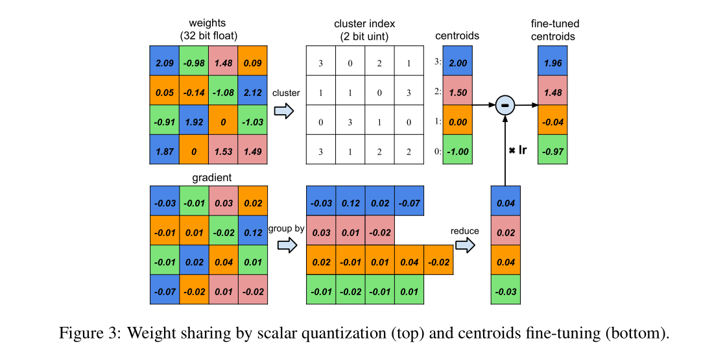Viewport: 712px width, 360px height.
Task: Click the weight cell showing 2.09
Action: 165,63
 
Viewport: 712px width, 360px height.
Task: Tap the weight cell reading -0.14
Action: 195,93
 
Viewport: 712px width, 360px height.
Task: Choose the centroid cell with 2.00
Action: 458,62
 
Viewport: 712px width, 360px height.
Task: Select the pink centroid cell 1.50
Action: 458,92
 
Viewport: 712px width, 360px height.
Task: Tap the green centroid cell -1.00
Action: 458,152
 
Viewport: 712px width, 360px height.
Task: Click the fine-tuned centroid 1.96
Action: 553,62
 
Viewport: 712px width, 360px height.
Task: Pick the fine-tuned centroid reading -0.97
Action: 553,152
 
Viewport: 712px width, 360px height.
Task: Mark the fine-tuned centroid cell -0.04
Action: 553,122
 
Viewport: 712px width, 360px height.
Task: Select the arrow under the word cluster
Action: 284,111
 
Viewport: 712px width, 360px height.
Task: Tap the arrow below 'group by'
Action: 285,246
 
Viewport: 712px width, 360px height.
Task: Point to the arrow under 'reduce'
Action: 464,246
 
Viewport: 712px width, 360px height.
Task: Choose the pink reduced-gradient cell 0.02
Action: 506,232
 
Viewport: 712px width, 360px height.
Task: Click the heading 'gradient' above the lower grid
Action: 211,177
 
